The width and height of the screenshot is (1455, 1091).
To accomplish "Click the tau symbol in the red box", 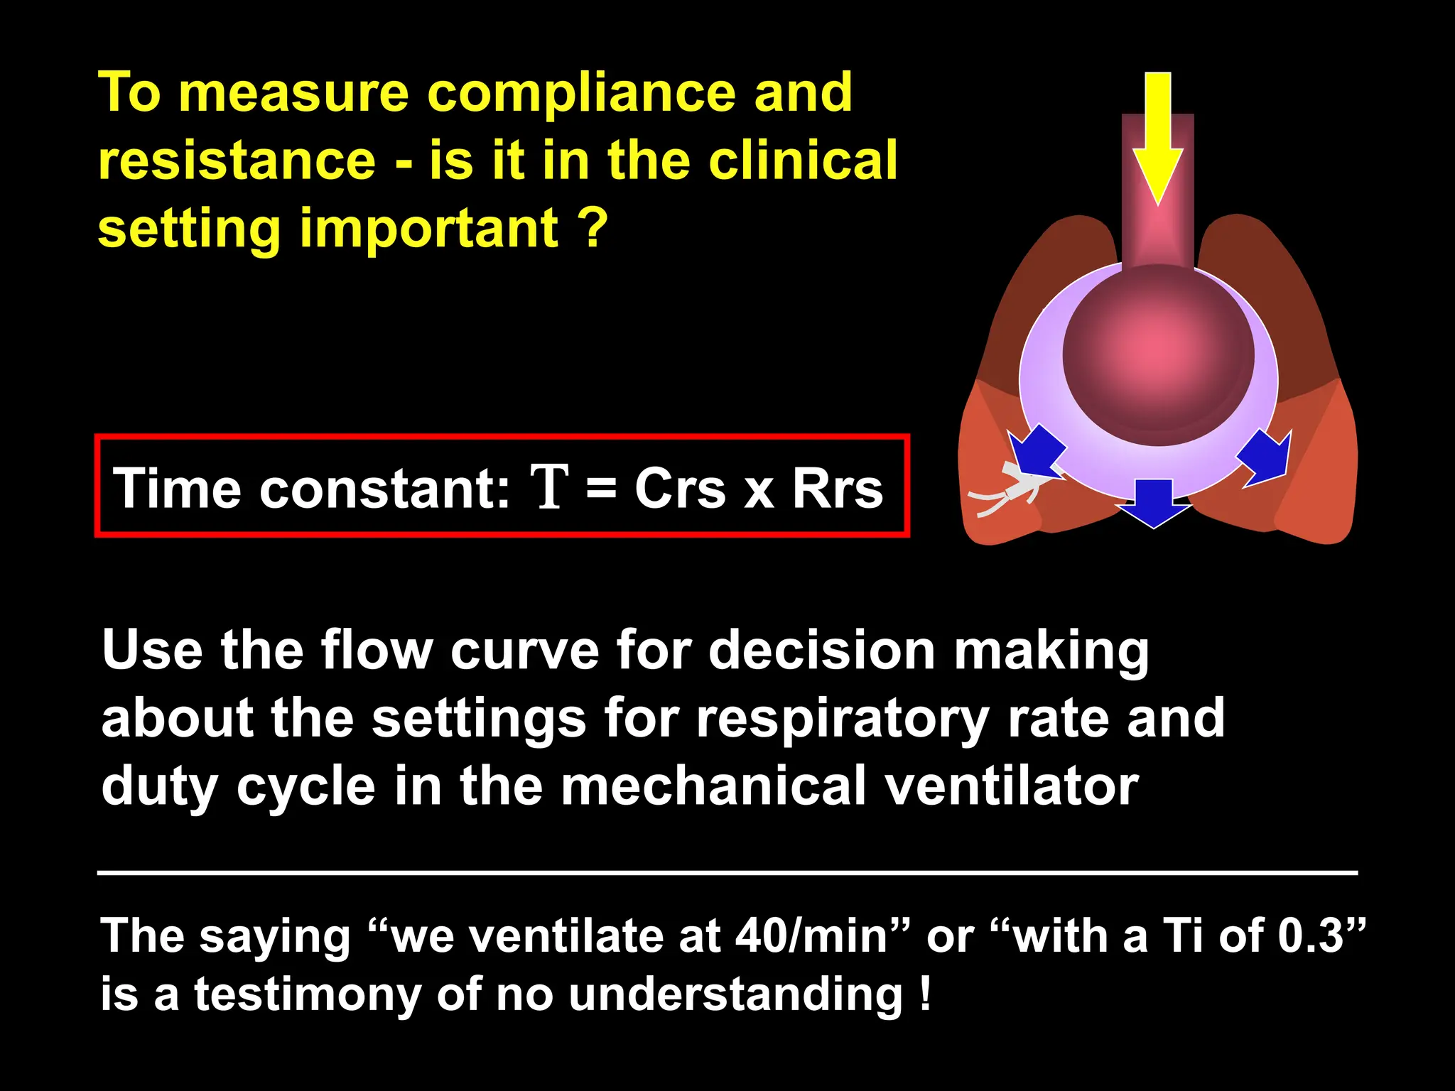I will (x=550, y=487).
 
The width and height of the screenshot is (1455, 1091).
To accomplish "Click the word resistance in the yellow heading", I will (x=237, y=161).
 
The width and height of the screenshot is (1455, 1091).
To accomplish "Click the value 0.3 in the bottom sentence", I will (x=1310, y=935).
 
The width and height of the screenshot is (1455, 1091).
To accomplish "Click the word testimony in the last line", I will (x=308, y=994).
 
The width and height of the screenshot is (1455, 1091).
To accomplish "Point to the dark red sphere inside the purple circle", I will (x=1158, y=355).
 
